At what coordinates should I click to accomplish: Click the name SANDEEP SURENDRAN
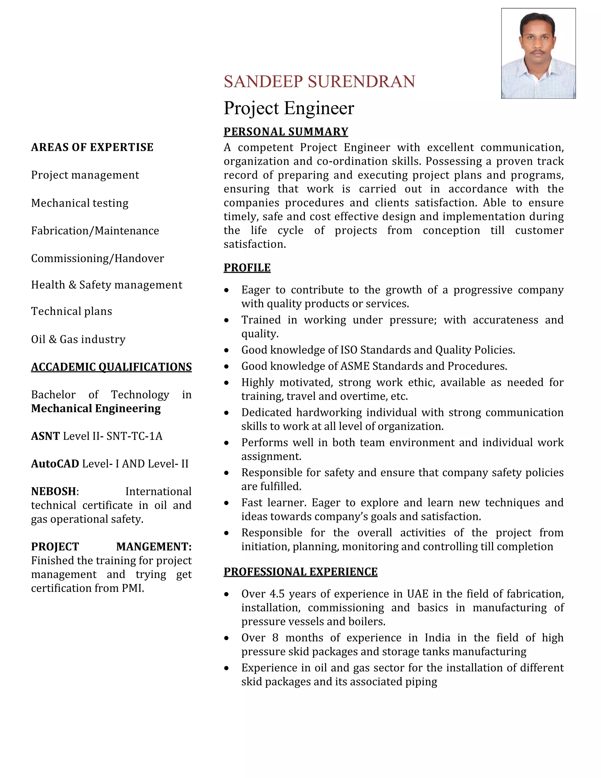(319, 82)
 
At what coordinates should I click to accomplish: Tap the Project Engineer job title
(289, 108)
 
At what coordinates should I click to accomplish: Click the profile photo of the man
(538, 53)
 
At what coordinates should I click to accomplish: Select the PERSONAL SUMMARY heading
(286, 132)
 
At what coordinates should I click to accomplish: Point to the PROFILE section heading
(247, 267)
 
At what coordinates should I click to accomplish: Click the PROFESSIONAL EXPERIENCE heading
(300, 572)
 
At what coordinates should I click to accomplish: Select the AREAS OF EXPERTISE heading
(92, 147)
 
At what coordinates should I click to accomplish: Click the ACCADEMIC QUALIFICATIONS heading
(111, 367)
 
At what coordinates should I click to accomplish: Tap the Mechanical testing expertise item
(80, 203)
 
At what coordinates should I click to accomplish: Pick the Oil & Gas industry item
(78, 339)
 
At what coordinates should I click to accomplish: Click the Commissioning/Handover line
(97, 258)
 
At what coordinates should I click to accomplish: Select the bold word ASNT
(45, 436)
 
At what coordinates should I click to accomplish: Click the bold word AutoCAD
(55, 464)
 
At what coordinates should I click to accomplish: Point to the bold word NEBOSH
(53, 491)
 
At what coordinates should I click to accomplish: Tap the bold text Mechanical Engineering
(96, 409)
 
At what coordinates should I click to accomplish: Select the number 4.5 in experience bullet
(277, 594)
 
